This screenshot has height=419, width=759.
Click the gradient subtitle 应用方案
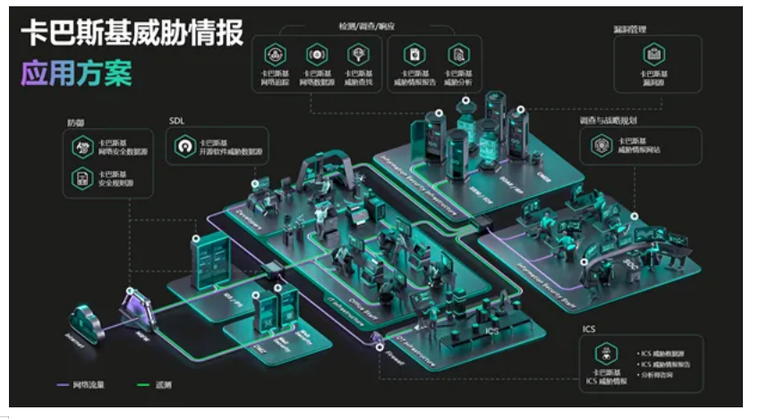pos(76,73)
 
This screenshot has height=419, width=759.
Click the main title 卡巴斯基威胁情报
pos(132,32)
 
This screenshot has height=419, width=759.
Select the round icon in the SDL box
pos(184,147)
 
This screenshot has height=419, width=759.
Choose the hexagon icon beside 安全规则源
pos(83,178)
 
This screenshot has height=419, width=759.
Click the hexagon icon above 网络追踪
pos(275,55)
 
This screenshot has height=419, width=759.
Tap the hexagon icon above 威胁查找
pos(357,55)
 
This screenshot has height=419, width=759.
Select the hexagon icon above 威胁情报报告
pos(414,55)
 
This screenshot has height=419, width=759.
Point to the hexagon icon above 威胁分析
pos(457,55)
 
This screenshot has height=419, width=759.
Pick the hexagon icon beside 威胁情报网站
pos(601,146)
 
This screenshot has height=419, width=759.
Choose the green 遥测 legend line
pos(141,385)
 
